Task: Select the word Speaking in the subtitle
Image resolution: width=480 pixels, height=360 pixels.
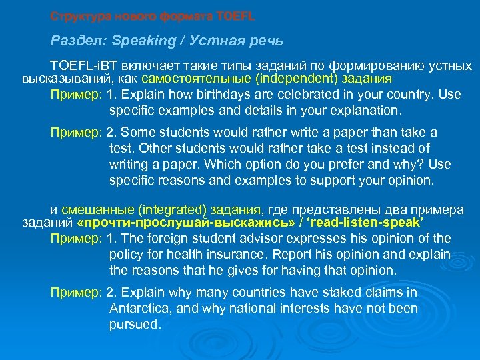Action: (x=139, y=41)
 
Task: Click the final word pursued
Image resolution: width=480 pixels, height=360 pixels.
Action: (x=135, y=325)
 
